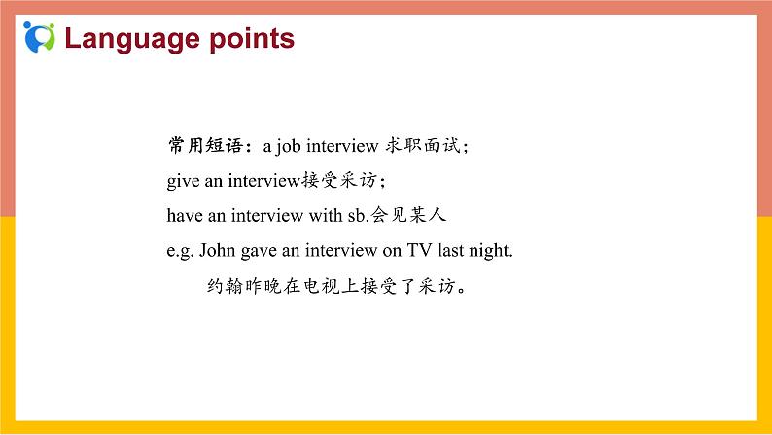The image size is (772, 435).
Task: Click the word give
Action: (x=182, y=181)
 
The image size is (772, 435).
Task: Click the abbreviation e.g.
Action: (x=180, y=250)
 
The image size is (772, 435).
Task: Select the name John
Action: (x=217, y=250)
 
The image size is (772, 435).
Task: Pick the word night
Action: (x=490, y=250)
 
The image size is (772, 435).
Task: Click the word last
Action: (x=450, y=250)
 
